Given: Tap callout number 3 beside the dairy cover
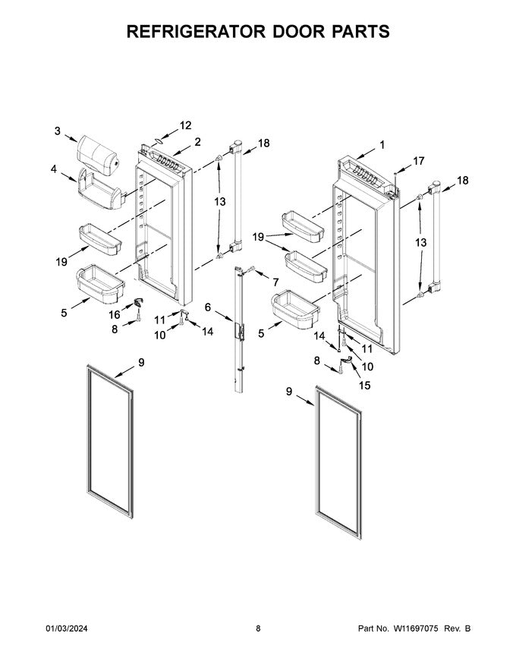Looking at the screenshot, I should pos(57,131).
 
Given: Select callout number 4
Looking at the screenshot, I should pos(54,169).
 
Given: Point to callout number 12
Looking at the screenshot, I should pos(185,125).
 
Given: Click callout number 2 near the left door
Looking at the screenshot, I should pos(197,142).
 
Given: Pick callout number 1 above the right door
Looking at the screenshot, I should pos(382,144).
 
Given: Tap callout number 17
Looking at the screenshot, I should pos(418,161).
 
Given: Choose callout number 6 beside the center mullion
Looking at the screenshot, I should pos(208,307).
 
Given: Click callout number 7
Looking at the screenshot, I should pos(275,282).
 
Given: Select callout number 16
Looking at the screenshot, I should pos(115,314).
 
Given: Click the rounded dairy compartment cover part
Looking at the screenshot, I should pos(97,153).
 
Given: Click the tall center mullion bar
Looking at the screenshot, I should pos(241,326).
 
